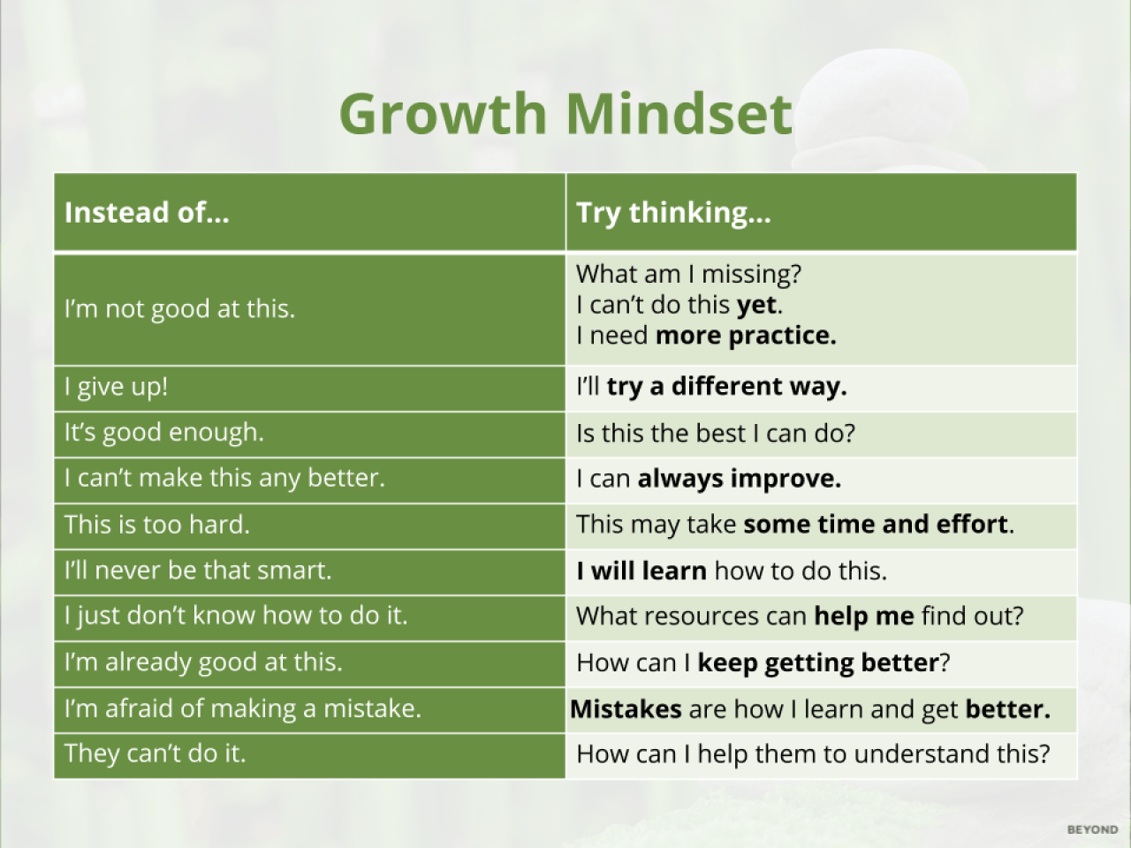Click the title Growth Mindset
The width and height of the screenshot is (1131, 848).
565,114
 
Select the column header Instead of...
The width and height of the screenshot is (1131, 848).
147,212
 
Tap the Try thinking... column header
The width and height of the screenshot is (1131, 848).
673,213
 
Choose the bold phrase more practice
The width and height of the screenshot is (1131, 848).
746,337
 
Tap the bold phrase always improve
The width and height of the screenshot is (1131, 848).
739,480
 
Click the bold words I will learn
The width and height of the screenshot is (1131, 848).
641,571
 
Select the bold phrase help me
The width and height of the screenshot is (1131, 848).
864,617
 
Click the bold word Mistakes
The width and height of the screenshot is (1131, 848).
626,709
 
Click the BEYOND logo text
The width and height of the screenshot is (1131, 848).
1092,829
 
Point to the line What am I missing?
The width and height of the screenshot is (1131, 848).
689,275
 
